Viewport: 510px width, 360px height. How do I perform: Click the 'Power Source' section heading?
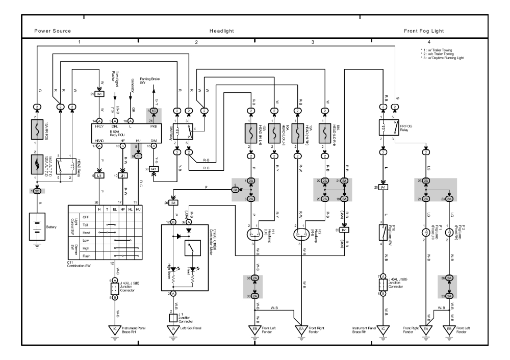click(x=53, y=31)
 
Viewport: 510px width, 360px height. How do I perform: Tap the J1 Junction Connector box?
click(x=172, y=318)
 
